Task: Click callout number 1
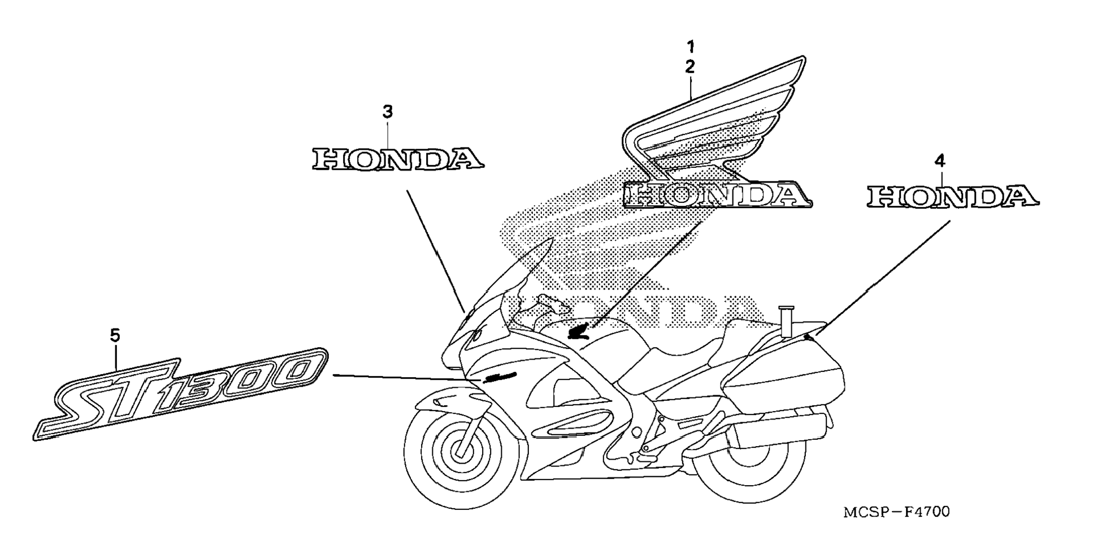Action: point(690,46)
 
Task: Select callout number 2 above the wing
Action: point(690,67)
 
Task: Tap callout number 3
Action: point(387,112)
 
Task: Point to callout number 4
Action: point(939,162)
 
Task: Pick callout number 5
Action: point(115,336)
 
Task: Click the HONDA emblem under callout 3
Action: point(398,159)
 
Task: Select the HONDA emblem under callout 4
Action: point(952,197)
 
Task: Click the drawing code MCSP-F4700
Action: point(896,512)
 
